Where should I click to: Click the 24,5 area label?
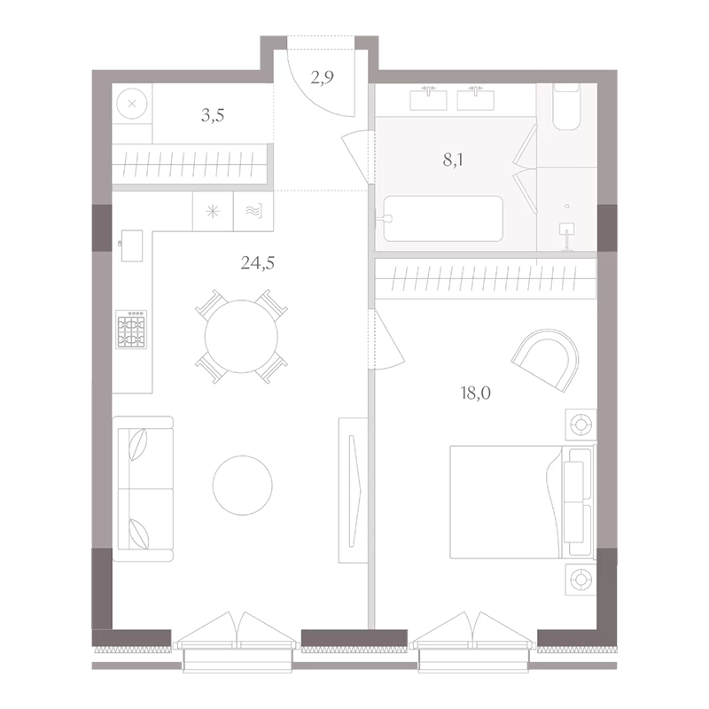tap(257, 262)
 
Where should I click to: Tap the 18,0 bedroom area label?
tap(476, 393)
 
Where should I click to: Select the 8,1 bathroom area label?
tap(453, 160)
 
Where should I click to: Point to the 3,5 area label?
tap(213, 116)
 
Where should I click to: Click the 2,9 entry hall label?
tap(322, 77)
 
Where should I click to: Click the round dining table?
tap(241, 336)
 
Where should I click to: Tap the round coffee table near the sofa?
tap(243, 485)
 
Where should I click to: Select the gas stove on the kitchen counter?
tap(131, 329)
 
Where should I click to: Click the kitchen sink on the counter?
tap(131, 245)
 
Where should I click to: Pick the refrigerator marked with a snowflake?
tap(213, 212)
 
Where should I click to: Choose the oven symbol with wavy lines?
tap(253, 212)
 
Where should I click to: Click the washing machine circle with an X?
tap(132, 104)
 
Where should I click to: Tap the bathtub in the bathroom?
tap(442, 218)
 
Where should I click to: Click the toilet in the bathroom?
tap(566, 107)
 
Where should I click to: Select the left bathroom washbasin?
tap(428, 99)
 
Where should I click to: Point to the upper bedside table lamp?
tap(581, 425)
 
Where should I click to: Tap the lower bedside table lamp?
tap(581, 579)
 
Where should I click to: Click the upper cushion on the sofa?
tap(139, 444)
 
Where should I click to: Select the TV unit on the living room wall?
tap(353, 490)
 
